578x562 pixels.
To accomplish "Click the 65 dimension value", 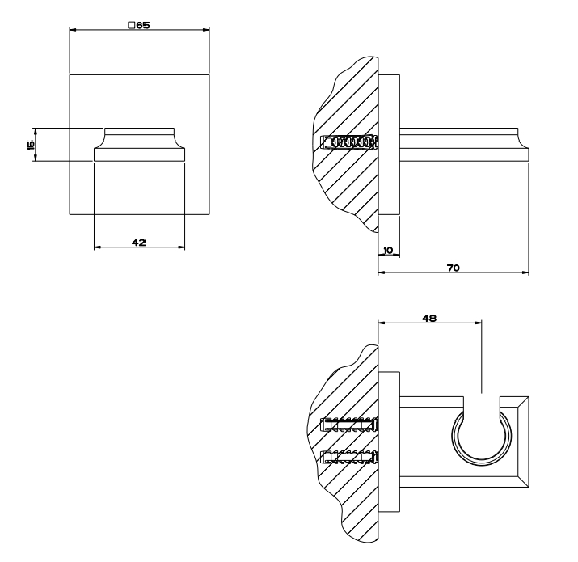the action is click(143, 25).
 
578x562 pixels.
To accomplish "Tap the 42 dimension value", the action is click(139, 243).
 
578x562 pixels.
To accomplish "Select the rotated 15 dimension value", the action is click(31, 145).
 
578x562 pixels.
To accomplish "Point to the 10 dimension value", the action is click(388, 251).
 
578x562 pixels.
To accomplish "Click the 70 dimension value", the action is click(454, 268).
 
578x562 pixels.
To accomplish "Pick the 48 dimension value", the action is click(429, 318).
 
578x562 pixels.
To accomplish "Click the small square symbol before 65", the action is click(131, 25).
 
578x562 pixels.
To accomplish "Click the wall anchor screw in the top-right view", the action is click(349, 142).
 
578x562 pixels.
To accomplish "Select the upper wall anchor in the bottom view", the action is click(349, 425).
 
